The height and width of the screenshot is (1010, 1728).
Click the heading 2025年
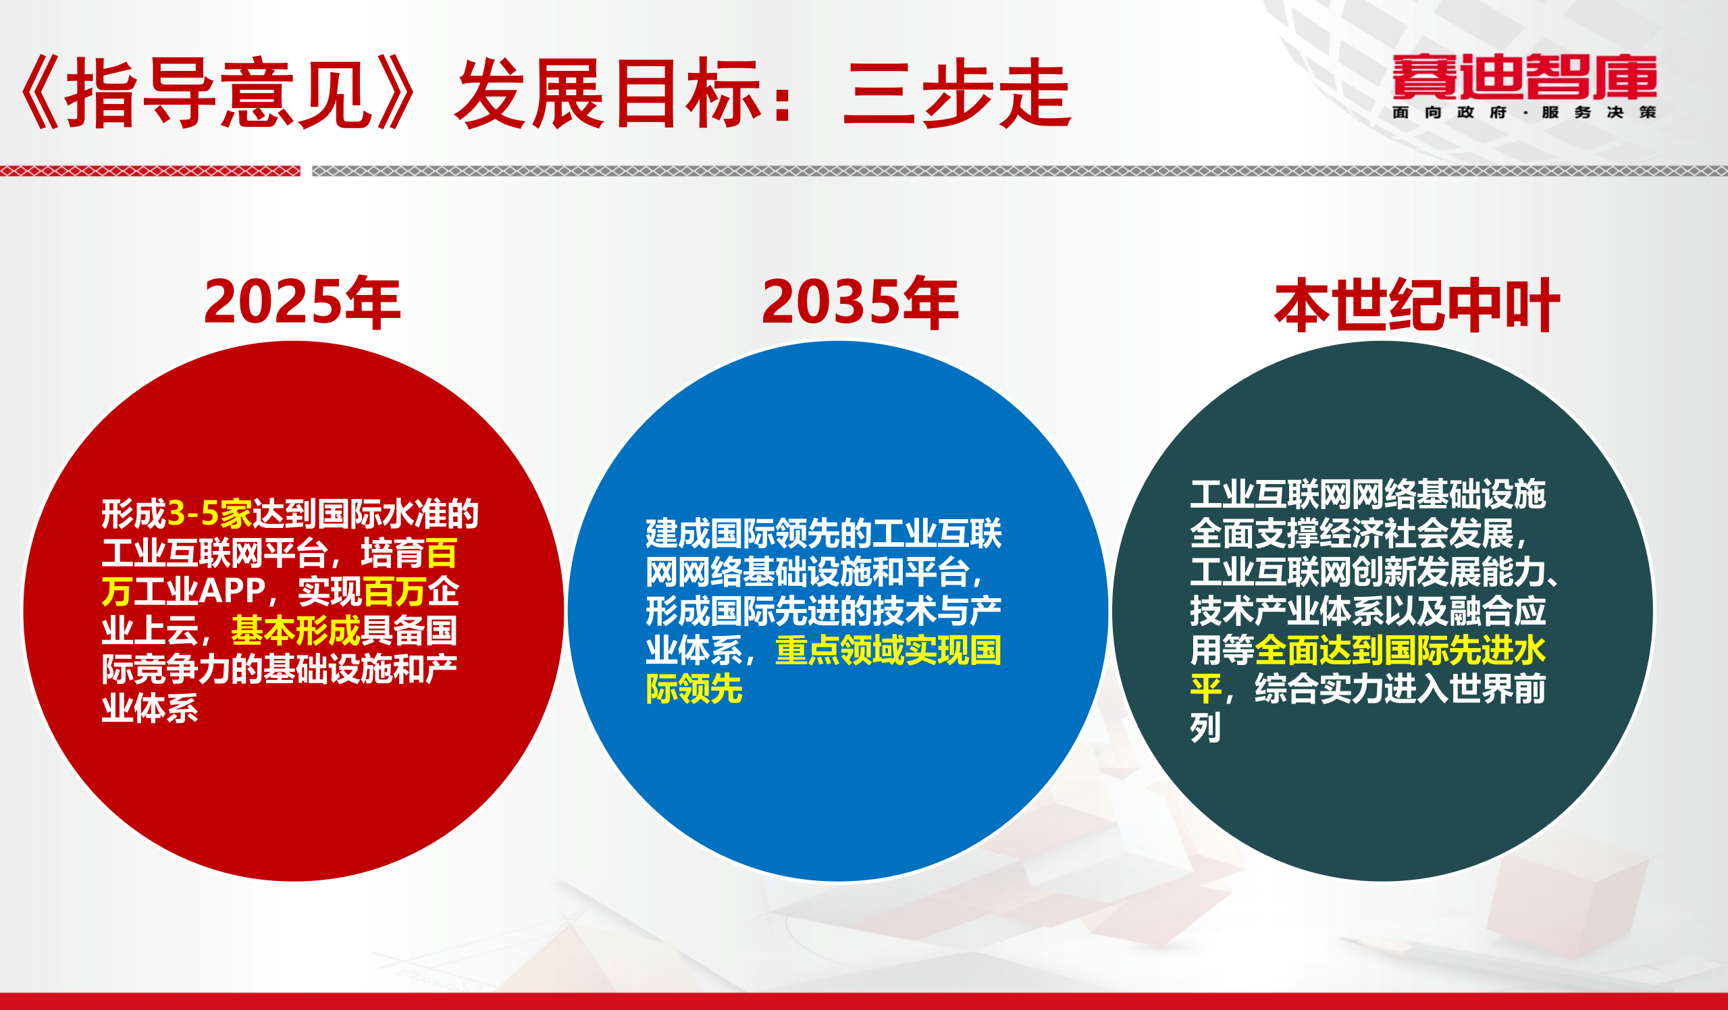click(302, 302)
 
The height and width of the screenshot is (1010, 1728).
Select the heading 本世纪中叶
click(1417, 306)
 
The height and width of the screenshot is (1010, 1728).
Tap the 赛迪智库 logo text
click(1524, 77)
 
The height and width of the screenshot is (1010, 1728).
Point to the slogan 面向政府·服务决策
click(1524, 113)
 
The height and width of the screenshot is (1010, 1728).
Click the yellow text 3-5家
click(209, 514)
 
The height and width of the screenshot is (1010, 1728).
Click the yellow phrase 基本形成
click(296, 630)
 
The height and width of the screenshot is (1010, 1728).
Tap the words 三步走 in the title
click(957, 94)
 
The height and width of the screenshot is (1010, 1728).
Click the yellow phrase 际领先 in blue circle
click(694, 689)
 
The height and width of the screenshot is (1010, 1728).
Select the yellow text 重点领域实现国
click(888, 650)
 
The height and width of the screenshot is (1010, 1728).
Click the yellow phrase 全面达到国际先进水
click(1400, 650)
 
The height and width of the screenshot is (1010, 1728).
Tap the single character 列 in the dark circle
click(1205, 728)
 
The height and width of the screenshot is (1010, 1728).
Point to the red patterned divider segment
click(149, 171)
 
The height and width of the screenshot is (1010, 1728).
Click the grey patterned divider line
click(1015, 171)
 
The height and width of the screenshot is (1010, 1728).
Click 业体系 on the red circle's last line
click(149, 708)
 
